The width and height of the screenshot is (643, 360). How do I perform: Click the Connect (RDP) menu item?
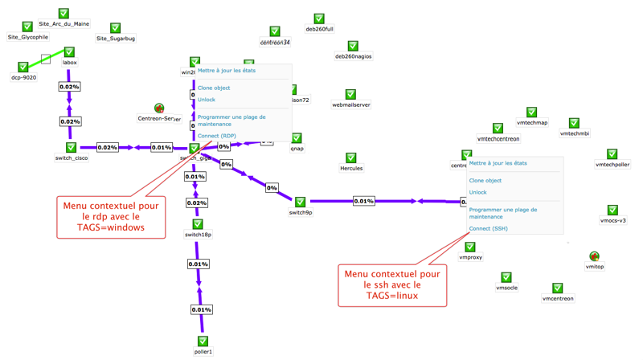[x=217, y=136]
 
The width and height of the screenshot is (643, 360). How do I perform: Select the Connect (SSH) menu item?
[x=488, y=228]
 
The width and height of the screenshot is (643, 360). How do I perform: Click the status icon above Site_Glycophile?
[x=27, y=27]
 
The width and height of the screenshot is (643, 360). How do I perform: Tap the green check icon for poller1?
[x=203, y=342]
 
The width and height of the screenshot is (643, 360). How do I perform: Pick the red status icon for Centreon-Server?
[x=159, y=108]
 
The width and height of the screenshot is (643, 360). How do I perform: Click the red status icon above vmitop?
[x=594, y=257]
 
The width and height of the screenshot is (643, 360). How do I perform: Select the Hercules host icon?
[x=350, y=158]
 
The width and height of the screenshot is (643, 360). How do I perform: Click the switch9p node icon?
[x=300, y=202]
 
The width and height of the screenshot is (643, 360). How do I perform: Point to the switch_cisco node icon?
[x=71, y=148]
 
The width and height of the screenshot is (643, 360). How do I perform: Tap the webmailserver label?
[x=351, y=105]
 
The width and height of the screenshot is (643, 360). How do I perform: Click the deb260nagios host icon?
[x=353, y=47]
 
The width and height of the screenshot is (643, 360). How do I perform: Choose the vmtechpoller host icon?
[x=612, y=154]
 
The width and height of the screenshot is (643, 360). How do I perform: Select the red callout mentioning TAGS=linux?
[x=385, y=285]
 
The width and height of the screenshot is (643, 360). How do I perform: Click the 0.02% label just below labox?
[x=69, y=87]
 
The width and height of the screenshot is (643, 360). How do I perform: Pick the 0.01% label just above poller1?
[x=202, y=309]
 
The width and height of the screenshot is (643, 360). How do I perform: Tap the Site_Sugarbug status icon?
[x=115, y=28]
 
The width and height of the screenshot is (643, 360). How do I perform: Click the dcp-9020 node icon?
[x=23, y=67]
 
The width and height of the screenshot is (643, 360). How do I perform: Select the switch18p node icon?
[x=198, y=224]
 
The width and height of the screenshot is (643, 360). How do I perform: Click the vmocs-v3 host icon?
[x=612, y=211]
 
